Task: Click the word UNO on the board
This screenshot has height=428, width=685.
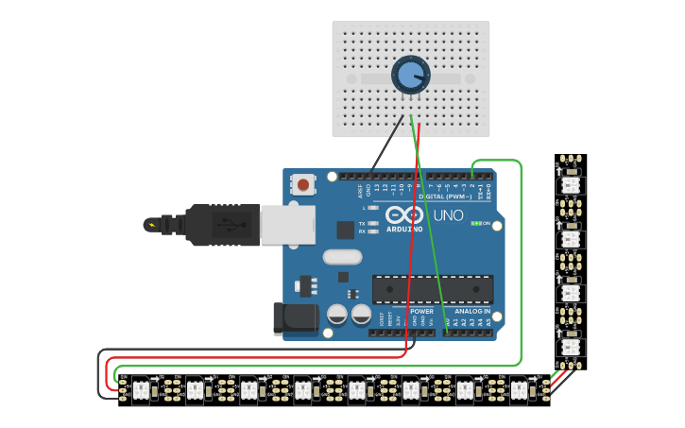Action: pyautogui.click(x=448, y=215)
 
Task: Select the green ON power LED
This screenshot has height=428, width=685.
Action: pyautogui.click(x=476, y=224)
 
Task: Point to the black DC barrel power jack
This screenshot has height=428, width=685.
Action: pyautogui.click(x=294, y=318)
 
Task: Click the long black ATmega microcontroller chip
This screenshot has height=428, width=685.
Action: pyautogui.click(x=432, y=289)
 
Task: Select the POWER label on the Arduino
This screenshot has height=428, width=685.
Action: pyautogui.click(x=421, y=311)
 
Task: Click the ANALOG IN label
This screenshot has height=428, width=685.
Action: pyautogui.click(x=472, y=311)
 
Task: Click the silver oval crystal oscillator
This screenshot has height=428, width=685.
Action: pyautogui.click(x=341, y=256)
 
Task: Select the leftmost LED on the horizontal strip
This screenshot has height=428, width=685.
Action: pyautogui.click(x=140, y=389)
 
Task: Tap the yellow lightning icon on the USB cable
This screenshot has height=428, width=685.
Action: pyautogui.click(x=150, y=225)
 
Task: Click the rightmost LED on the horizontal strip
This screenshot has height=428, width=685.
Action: pyautogui.click(x=518, y=389)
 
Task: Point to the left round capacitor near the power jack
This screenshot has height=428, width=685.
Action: pyautogui.click(x=336, y=315)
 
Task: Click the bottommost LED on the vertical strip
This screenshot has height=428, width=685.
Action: pyautogui.click(x=570, y=347)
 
